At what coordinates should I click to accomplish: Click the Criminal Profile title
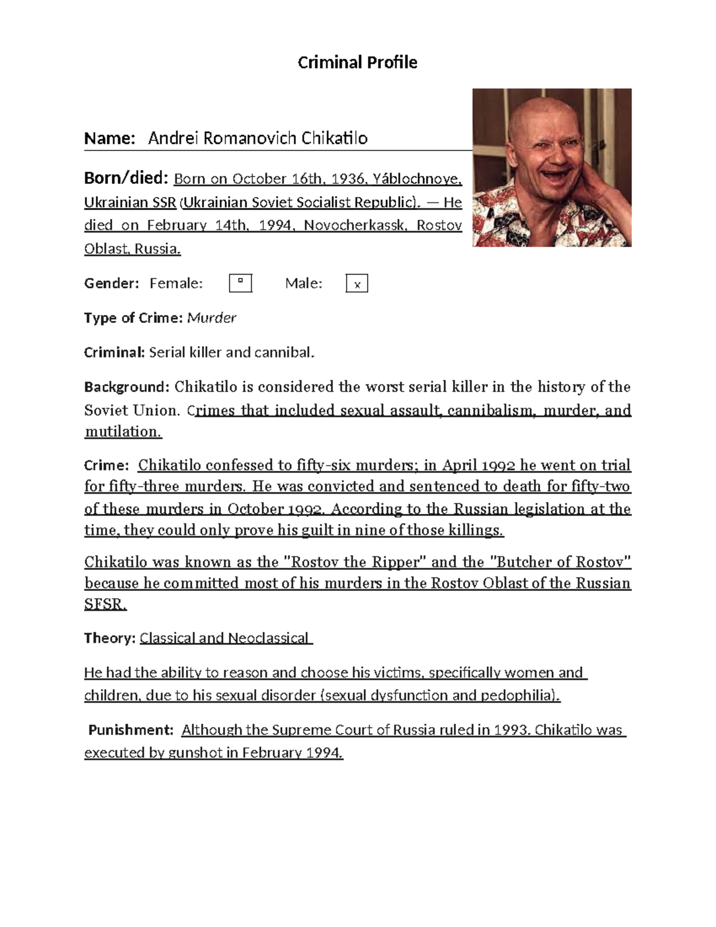(x=357, y=63)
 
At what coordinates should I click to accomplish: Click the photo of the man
(x=551, y=168)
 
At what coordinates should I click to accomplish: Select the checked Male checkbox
(x=357, y=284)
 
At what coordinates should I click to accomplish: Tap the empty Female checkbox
(x=240, y=283)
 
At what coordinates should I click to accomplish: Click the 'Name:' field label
(x=110, y=138)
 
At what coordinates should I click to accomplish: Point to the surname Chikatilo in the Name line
(x=334, y=138)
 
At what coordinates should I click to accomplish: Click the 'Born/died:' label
(x=126, y=178)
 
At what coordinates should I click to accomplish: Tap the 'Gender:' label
(x=112, y=284)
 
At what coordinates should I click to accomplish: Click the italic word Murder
(x=212, y=318)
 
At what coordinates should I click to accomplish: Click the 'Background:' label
(x=127, y=387)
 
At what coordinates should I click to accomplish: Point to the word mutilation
(x=123, y=432)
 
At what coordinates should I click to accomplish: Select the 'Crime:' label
(x=106, y=466)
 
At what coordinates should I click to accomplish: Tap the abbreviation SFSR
(x=105, y=604)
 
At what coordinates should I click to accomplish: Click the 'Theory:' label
(x=110, y=638)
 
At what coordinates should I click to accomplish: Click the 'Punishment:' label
(x=131, y=730)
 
